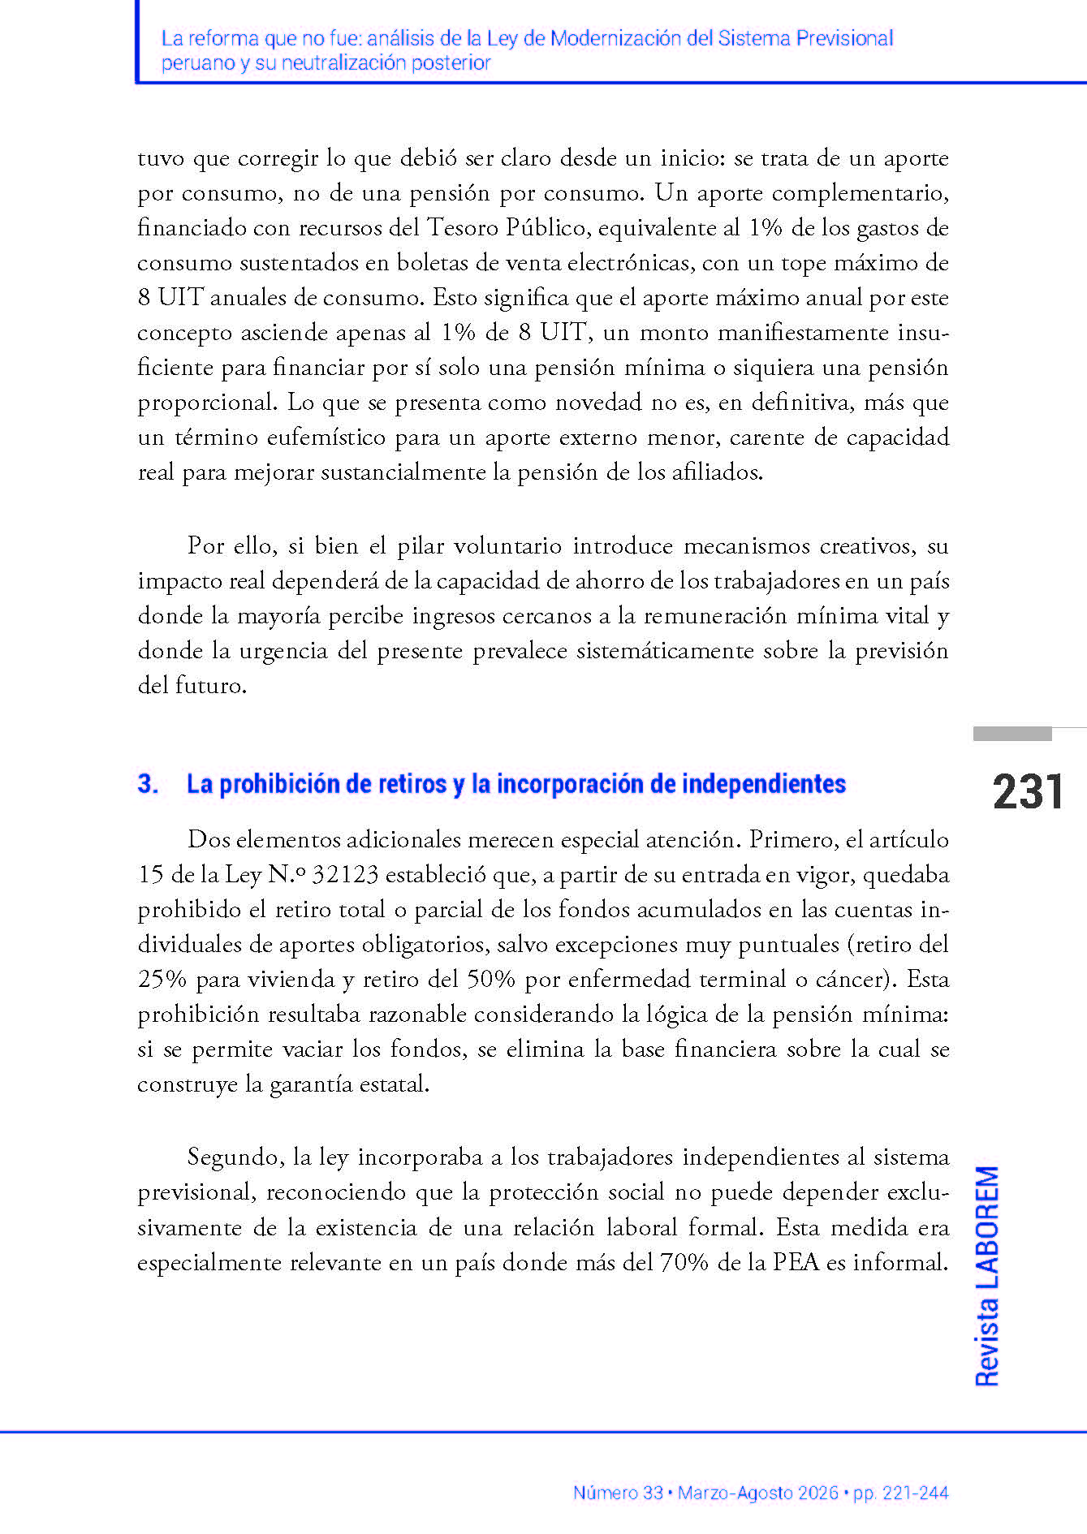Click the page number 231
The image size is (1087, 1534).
1028,792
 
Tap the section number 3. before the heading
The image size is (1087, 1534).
148,784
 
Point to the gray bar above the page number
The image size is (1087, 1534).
1012,734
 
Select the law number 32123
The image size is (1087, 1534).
345,874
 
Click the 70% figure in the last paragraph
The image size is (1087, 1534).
684,1263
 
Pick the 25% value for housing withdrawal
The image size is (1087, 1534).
162,979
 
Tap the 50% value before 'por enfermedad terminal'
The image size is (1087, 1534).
490,979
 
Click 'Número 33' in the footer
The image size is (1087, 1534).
618,1493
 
